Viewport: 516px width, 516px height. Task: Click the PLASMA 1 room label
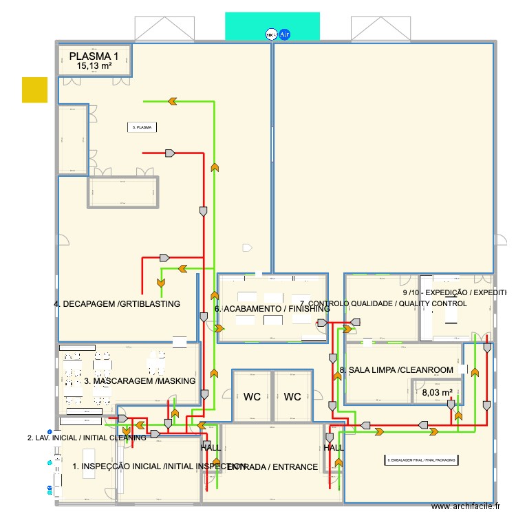point(94,56)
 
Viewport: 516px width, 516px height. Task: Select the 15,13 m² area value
point(94,66)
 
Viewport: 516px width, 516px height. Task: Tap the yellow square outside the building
point(34,89)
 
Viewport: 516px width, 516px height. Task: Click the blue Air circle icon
point(283,33)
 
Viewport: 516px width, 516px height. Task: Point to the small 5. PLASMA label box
point(142,127)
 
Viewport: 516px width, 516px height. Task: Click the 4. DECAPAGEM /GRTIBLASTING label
point(117,303)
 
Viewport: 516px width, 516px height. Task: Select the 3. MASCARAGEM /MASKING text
point(140,380)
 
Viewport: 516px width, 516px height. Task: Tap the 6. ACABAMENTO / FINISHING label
point(272,309)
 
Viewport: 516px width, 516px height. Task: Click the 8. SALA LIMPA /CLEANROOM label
point(396,370)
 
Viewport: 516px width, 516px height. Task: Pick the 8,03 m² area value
point(437,393)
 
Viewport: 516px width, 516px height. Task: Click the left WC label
point(252,396)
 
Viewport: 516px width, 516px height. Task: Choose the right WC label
point(292,396)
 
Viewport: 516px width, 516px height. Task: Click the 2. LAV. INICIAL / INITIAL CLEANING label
point(87,438)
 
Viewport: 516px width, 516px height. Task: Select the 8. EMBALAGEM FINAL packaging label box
point(421,460)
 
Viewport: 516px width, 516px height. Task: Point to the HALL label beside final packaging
point(334,448)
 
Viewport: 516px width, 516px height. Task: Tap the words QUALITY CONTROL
point(429,303)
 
